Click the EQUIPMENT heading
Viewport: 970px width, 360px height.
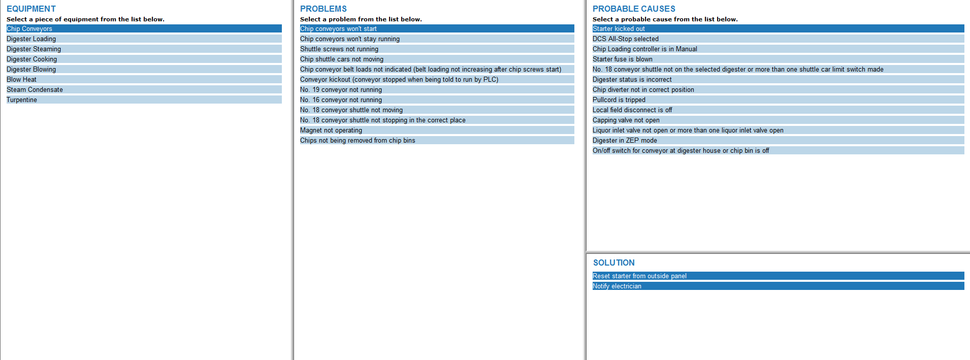point(31,9)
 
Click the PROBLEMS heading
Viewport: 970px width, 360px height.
point(323,9)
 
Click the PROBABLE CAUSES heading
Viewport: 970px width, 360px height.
point(633,9)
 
